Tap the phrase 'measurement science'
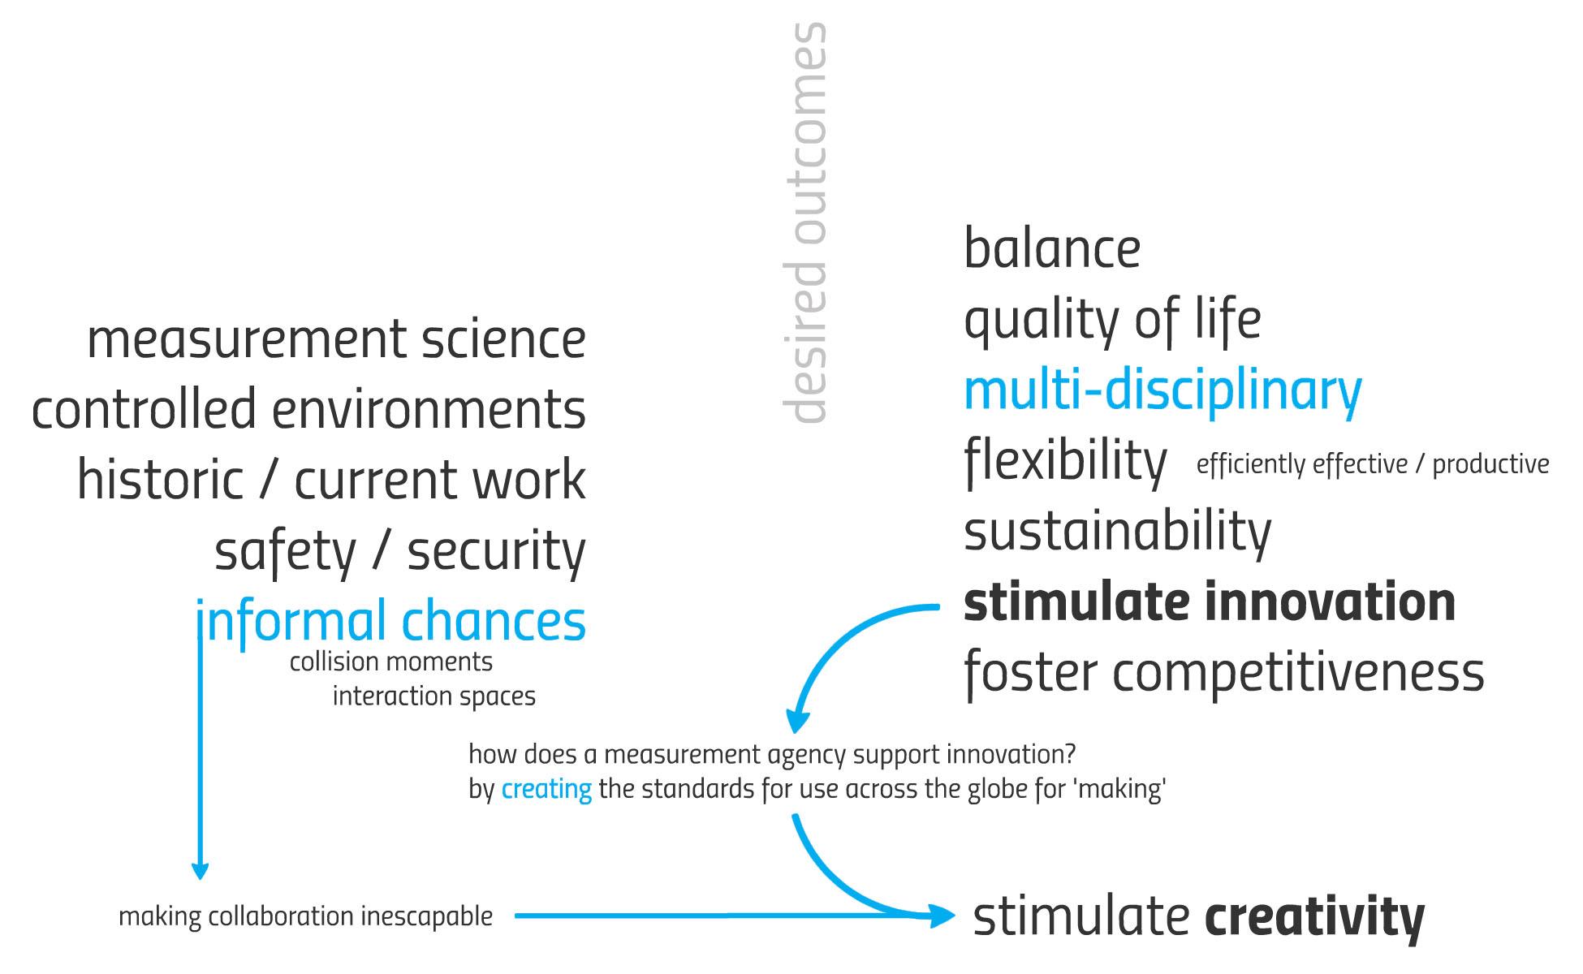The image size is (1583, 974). (336, 339)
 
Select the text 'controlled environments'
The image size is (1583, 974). (308, 409)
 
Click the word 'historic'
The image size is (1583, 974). (160, 479)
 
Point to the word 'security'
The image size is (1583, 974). (496, 553)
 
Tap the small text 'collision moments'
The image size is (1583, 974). (391, 662)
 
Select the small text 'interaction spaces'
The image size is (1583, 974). (434, 696)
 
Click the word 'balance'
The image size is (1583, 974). (1052, 248)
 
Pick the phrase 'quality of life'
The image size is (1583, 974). (1112, 320)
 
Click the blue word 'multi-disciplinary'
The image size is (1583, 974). (1162, 391)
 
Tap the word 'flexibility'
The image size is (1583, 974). (1065, 461)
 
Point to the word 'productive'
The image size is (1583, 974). (1490, 464)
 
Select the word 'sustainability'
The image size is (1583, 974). (1118, 532)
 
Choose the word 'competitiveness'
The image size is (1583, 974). (1298, 674)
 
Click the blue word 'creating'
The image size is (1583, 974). (546, 789)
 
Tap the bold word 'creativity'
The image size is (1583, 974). (1314, 918)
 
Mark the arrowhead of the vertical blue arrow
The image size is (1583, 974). (200, 872)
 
